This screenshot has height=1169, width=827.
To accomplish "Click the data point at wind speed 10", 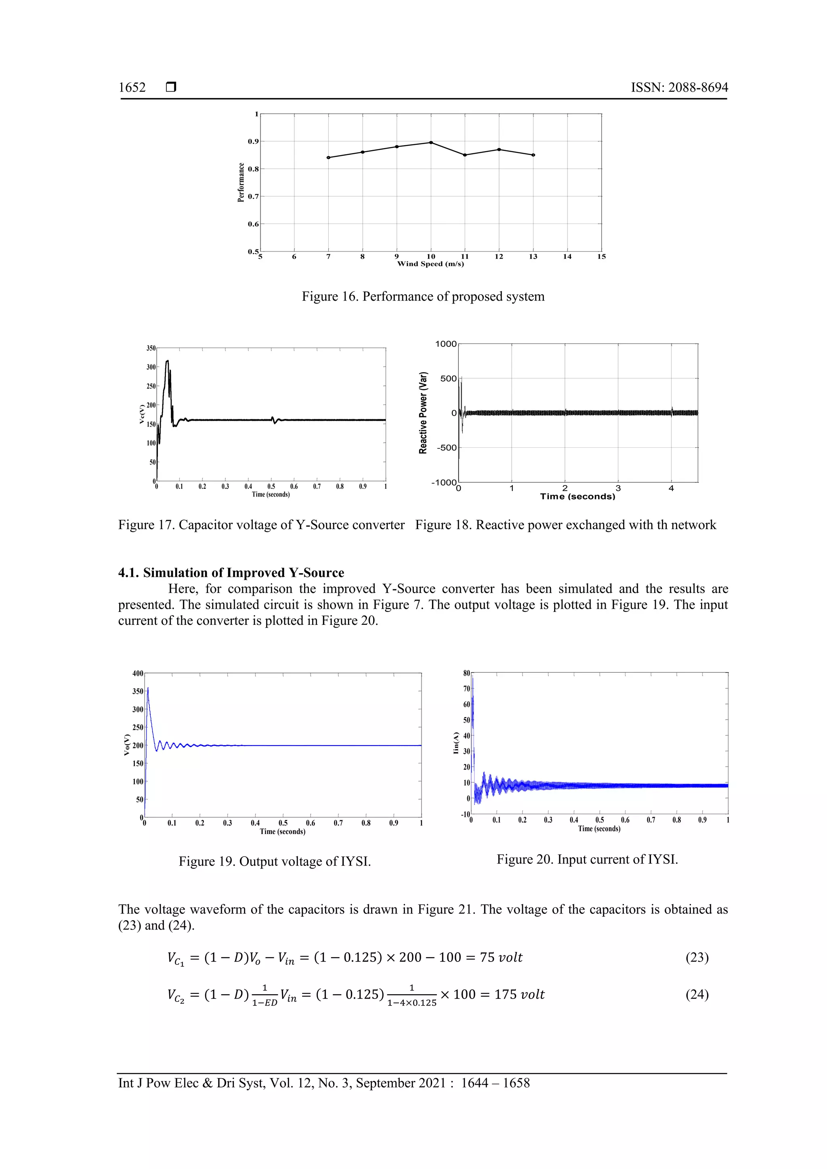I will click(x=431, y=142).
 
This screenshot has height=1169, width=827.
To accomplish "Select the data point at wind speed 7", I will click(x=328, y=158).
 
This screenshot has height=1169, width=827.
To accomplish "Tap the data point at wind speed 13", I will click(x=533, y=155).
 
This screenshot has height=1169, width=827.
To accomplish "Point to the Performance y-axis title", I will click(x=241, y=182).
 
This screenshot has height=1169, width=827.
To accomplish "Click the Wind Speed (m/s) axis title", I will click(x=430, y=264).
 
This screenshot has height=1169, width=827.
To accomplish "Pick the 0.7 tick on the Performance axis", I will click(x=253, y=197).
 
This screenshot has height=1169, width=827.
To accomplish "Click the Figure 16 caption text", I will click(x=423, y=297).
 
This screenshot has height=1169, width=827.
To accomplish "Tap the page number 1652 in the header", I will click(x=132, y=88).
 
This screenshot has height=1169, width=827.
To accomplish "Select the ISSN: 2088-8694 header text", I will click(x=679, y=88).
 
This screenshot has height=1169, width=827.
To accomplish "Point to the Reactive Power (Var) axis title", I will click(x=423, y=413).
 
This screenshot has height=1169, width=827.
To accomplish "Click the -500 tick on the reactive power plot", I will click(x=446, y=448).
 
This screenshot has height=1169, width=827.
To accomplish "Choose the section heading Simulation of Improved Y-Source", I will click(x=231, y=573).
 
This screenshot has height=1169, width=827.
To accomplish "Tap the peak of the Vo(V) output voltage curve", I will click(x=148, y=688).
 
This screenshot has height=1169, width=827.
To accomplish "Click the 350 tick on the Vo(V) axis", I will click(x=137, y=691).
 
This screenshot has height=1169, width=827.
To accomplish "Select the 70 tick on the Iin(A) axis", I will click(x=466, y=689).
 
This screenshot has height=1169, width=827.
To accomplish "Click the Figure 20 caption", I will click(x=587, y=860).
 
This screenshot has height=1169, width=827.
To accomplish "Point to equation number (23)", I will click(x=697, y=958).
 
